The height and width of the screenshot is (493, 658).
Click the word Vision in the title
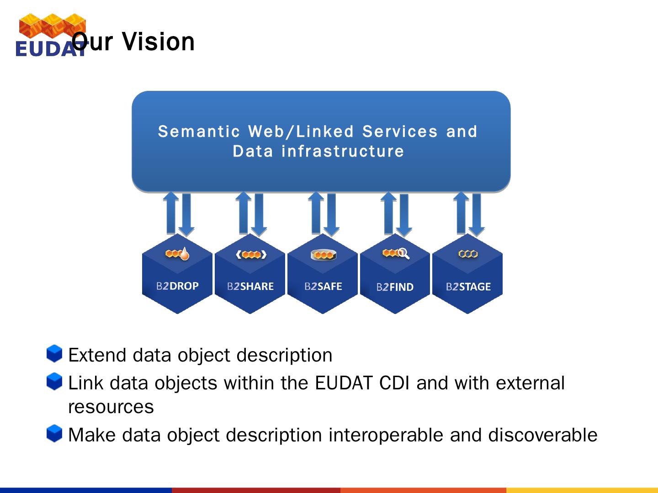(x=158, y=42)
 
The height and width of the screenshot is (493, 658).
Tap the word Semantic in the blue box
(x=199, y=132)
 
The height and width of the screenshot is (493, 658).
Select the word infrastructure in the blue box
(x=343, y=151)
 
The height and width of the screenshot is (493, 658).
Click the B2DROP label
(x=177, y=286)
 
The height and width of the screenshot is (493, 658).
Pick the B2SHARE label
(x=250, y=287)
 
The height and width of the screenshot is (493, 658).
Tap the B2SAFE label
(x=323, y=287)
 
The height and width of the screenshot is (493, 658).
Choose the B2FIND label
(x=395, y=287)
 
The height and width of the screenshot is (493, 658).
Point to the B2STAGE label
(x=468, y=287)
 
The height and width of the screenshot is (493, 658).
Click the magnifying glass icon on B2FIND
(x=403, y=253)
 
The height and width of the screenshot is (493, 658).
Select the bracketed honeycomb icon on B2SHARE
(x=251, y=255)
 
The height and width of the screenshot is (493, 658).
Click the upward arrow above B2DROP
(x=171, y=213)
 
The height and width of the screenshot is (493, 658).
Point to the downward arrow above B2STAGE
(x=477, y=215)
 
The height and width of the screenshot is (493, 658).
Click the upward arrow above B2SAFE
(x=316, y=213)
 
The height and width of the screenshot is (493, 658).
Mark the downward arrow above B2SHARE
(x=259, y=215)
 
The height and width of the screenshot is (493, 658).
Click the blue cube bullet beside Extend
(x=54, y=353)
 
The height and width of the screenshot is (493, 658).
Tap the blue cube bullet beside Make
(x=54, y=434)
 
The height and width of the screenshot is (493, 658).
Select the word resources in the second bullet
(x=111, y=407)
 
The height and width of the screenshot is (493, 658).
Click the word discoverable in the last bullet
(x=542, y=435)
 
